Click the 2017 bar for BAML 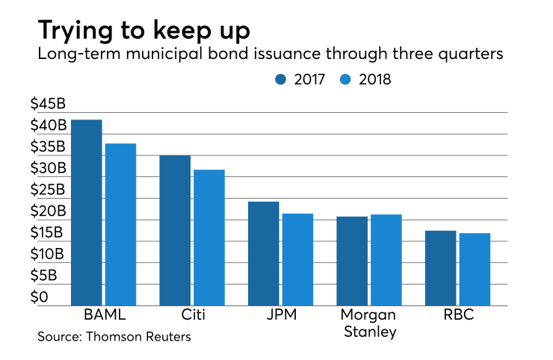87,213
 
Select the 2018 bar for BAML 120,224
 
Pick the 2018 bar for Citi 209,238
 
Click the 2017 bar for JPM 263,253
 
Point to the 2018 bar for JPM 297,259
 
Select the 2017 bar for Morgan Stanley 352,261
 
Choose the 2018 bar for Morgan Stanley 386,260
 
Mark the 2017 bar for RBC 440,268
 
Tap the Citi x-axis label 192,315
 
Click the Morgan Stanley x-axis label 368,323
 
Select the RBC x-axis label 457,315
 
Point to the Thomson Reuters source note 114,337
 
